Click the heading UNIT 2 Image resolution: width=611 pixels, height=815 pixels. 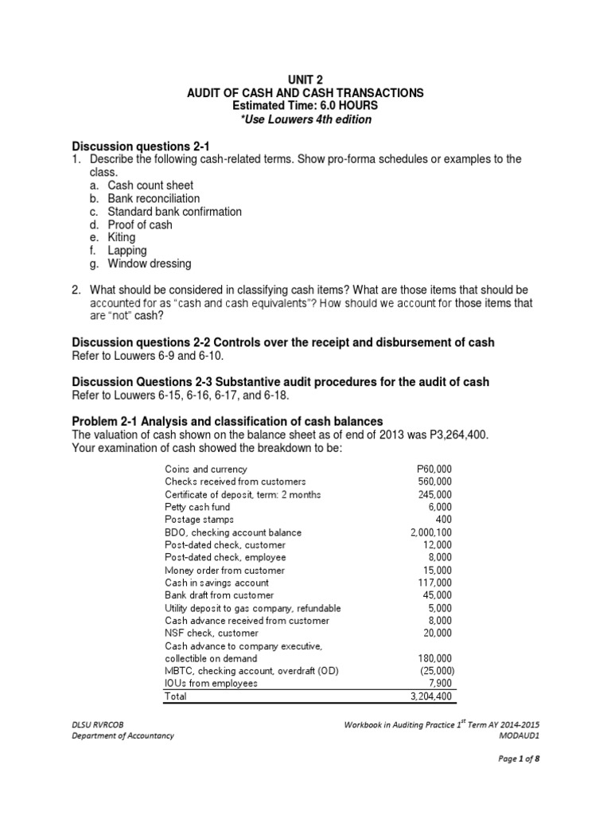tap(305, 80)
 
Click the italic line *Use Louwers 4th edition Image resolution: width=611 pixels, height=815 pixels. tap(305, 119)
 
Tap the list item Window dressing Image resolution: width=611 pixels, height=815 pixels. tap(150, 263)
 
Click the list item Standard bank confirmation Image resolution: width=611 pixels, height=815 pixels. tap(174, 212)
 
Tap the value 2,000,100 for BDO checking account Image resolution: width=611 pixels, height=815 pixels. tap(430, 532)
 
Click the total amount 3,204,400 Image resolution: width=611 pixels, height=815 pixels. tap(429, 696)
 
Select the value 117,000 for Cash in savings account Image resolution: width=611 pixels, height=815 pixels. tap(434, 583)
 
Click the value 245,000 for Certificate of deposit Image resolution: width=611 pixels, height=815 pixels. tap(434, 494)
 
